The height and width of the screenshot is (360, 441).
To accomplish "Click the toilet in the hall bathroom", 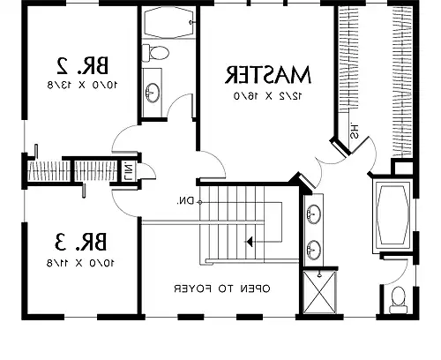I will pos(156,54).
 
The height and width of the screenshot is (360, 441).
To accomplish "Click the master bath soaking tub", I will pos(389,215).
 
